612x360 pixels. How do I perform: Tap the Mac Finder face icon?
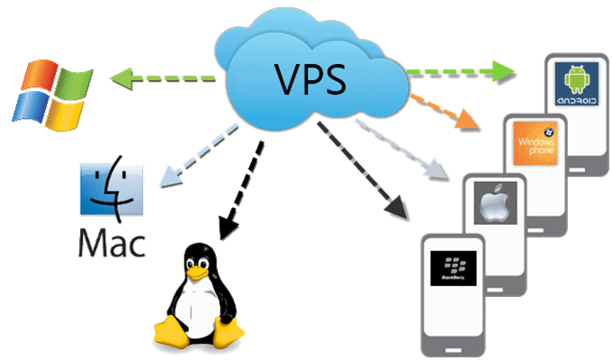[x=106, y=192]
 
